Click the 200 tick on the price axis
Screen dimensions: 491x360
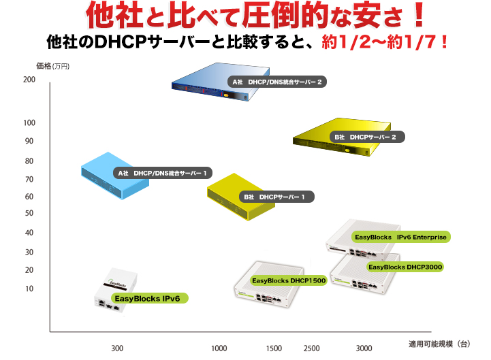[x=29, y=80]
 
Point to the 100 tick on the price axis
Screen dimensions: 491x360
[x=29, y=122]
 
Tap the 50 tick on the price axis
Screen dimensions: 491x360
[x=29, y=213]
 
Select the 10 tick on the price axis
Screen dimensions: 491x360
[x=29, y=289]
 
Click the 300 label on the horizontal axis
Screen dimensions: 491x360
[x=117, y=348]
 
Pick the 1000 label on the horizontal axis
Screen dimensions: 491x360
[x=219, y=348]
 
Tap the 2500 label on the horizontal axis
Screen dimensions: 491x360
[x=312, y=348]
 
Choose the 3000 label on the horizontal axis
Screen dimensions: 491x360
[x=364, y=348]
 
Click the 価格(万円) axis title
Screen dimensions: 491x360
[x=52, y=66]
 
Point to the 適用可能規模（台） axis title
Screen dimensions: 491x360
[x=439, y=344]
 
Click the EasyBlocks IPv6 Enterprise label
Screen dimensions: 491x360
[x=401, y=237]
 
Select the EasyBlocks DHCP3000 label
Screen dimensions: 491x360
[x=405, y=267]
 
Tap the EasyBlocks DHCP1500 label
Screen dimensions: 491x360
[x=289, y=280]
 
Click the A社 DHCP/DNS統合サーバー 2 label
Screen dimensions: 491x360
[x=277, y=82]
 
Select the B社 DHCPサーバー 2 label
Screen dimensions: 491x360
[x=367, y=137]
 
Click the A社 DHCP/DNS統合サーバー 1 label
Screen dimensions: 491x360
[x=163, y=173]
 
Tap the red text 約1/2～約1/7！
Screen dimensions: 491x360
[x=385, y=42]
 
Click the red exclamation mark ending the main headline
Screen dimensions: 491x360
[x=418, y=15]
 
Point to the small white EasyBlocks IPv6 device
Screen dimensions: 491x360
[x=116, y=290]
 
